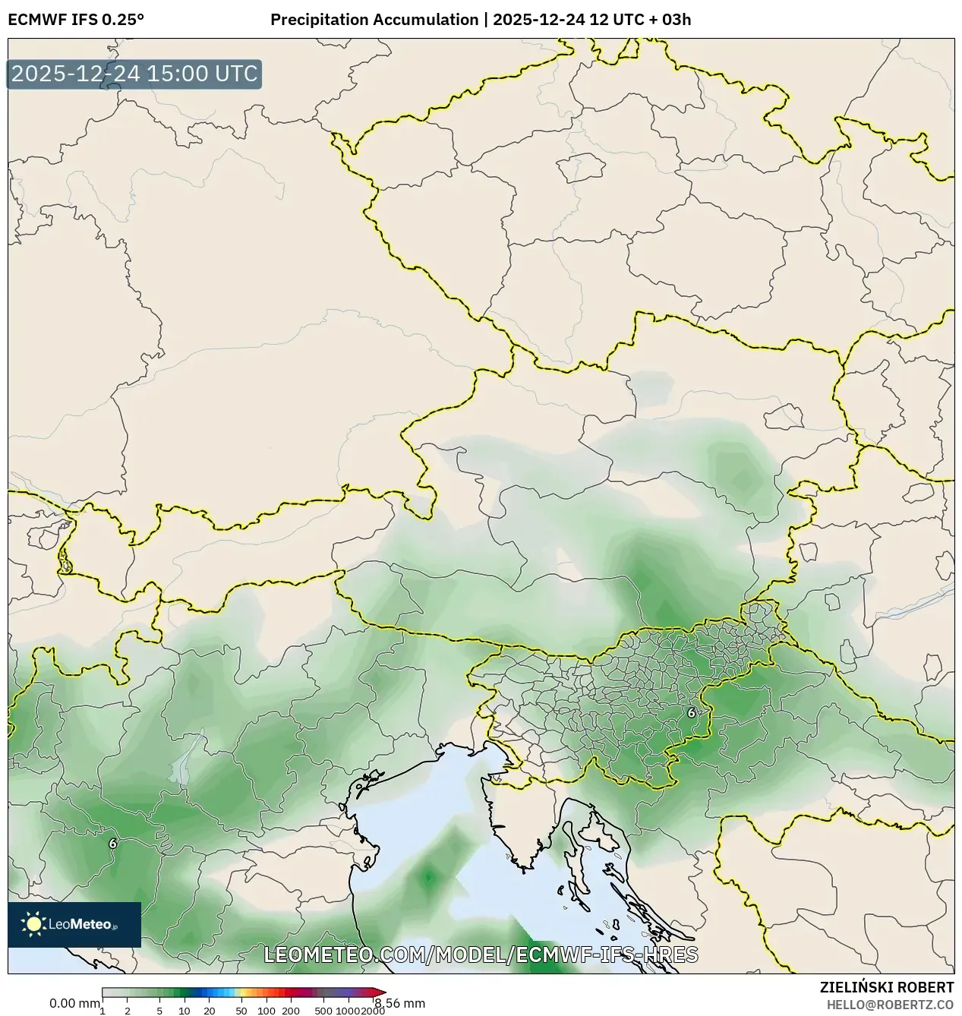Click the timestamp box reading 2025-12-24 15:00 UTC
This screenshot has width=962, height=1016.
(x=134, y=74)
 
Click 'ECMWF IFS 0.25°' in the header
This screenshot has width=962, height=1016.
(x=76, y=19)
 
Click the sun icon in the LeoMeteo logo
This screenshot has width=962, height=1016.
(x=33, y=923)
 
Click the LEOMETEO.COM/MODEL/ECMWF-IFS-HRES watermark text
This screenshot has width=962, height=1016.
(x=481, y=954)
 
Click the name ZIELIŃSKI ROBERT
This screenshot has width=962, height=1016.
(x=887, y=987)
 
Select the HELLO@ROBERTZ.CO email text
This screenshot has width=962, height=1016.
(x=890, y=1005)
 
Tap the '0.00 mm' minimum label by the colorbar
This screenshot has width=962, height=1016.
(x=74, y=1003)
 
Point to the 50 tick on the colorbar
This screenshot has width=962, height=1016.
(x=241, y=1010)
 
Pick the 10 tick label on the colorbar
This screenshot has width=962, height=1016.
(x=184, y=1010)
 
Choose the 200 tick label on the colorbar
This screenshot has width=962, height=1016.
(x=291, y=1010)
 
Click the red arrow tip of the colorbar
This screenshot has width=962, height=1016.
(x=381, y=992)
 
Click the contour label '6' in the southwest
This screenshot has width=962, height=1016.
(x=112, y=843)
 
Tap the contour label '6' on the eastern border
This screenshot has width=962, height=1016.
(x=691, y=712)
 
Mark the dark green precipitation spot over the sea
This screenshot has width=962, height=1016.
(x=427, y=878)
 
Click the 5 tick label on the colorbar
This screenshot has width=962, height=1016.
(x=159, y=1010)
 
